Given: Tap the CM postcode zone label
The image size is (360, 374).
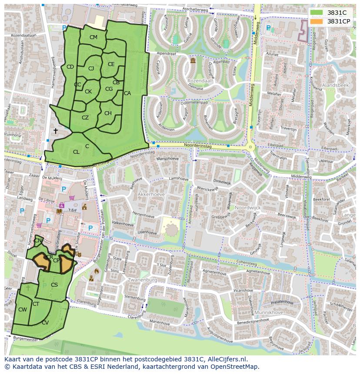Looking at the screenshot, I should click(x=93, y=37).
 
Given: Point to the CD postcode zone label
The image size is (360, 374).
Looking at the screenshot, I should click(x=70, y=67).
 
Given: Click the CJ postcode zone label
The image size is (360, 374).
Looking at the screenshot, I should click(x=91, y=69).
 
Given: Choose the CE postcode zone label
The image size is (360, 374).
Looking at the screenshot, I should click(x=111, y=64).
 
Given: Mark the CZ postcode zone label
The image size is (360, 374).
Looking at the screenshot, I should click(x=85, y=118).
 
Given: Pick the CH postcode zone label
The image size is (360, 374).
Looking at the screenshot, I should click(x=108, y=113).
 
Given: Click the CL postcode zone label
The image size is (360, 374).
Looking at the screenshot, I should click(x=76, y=152).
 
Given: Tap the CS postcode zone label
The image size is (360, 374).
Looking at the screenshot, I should click(x=54, y=285).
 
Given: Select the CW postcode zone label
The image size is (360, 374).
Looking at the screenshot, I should click(x=23, y=310).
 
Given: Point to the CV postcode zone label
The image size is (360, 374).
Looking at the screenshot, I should click(x=45, y=323).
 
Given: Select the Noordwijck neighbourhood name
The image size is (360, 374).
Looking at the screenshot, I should click(x=247, y=208).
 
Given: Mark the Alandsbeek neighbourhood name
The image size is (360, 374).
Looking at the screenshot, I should click(x=335, y=86).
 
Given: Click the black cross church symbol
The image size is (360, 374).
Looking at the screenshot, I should click(x=55, y=130).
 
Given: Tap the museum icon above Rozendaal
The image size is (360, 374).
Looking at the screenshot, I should click(x=193, y=61).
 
